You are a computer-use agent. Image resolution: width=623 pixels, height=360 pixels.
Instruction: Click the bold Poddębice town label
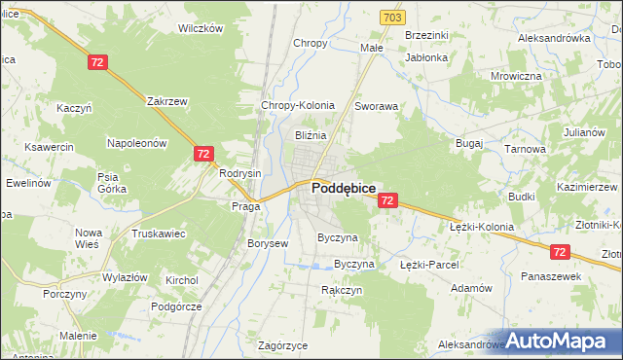(344, 191)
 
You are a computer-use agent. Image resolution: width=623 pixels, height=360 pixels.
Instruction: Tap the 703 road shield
(392, 18)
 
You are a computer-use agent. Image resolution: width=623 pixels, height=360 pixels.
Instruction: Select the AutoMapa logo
(562, 341)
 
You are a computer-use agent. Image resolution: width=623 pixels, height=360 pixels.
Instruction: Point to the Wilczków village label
(201, 28)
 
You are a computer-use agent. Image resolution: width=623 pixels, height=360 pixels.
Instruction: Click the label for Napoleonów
(137, 142)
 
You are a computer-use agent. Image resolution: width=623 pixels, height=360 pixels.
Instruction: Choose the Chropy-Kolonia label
(298, 105)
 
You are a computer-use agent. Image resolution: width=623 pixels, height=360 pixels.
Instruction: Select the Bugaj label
(469, 142)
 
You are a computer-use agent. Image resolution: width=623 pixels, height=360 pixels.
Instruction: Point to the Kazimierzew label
(588, 185)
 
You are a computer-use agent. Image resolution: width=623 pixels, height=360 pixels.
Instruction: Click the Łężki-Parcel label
(428, 264)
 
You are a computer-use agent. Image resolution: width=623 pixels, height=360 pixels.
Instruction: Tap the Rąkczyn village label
(342, 290)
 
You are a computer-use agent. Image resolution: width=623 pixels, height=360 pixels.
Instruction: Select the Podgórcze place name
(175, 306)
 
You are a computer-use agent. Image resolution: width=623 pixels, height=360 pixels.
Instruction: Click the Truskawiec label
(159, 234)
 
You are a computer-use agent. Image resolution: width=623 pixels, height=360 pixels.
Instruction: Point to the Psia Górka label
(108, 183)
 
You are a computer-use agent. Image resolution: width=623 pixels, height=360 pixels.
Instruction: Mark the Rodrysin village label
(240, 173)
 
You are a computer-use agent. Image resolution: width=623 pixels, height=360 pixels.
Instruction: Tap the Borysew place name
(268, 243)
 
